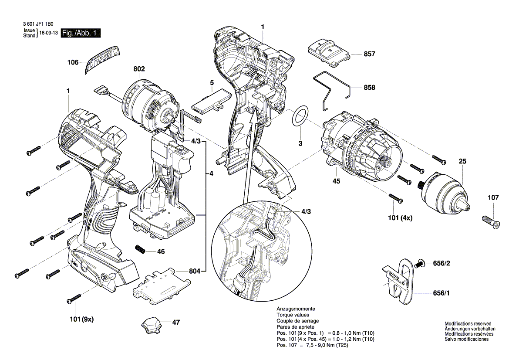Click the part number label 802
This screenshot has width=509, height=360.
point(139,69)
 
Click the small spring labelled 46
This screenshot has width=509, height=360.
point(141,250)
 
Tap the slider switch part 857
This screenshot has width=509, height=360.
point(329,51)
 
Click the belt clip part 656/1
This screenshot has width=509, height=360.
point(401,282)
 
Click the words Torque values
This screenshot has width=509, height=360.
point(293,315)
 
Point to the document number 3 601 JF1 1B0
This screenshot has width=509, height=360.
point(40,25)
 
